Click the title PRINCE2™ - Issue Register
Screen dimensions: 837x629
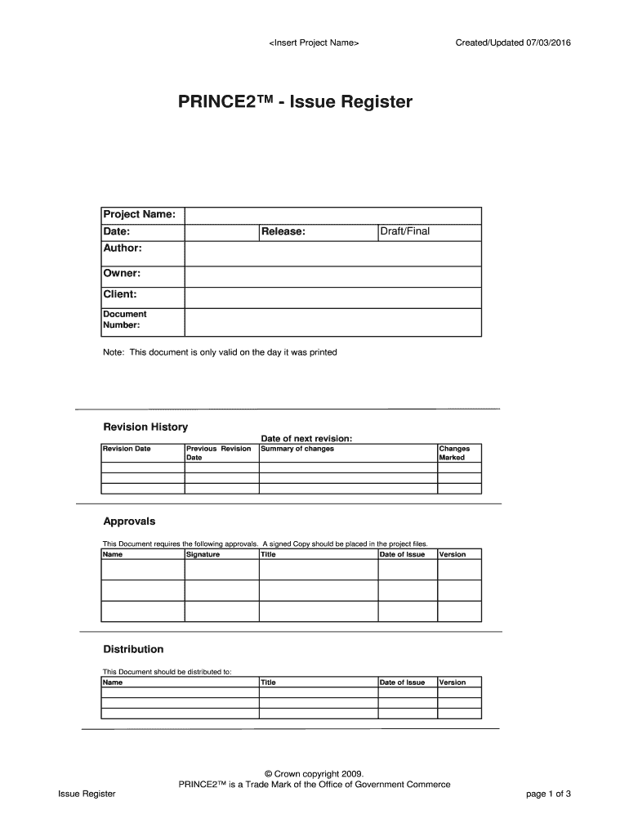tap(296, 103)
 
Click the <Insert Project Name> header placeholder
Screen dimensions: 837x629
tap(314, 43)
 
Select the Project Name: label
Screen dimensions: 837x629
tap(138, 214)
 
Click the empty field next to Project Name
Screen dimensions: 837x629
tap(332, 214)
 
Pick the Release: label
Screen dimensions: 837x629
tap(283, 232)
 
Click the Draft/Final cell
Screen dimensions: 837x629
tap(405, 231)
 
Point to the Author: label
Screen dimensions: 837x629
tap(123, 247)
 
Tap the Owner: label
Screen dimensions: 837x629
tap(122, 273)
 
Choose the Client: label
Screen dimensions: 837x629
tap(119, 294)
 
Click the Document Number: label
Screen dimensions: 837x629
tap(124, 320)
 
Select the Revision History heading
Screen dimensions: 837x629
tap(145, 427)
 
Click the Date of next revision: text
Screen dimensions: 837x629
tap(306, 438)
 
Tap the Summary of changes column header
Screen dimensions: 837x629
tap(297, 449)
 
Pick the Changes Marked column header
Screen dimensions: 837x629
tap(454, 453)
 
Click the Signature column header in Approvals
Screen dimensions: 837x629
tap(203, 554)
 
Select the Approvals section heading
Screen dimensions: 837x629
tap(129, 521)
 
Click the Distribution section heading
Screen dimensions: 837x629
tap(133, 649)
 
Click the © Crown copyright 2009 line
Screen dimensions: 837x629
tap(314, 773)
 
